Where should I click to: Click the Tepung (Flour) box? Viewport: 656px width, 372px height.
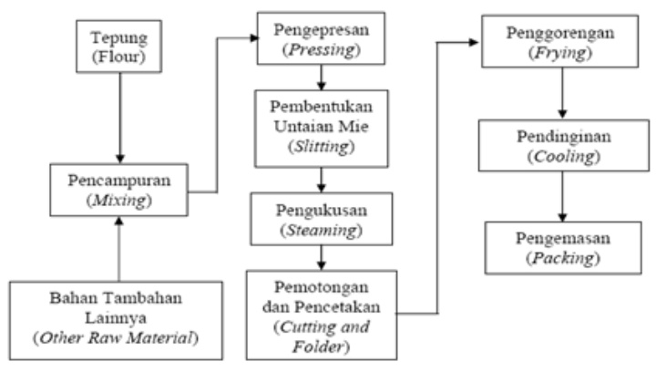tap(119, 46)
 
